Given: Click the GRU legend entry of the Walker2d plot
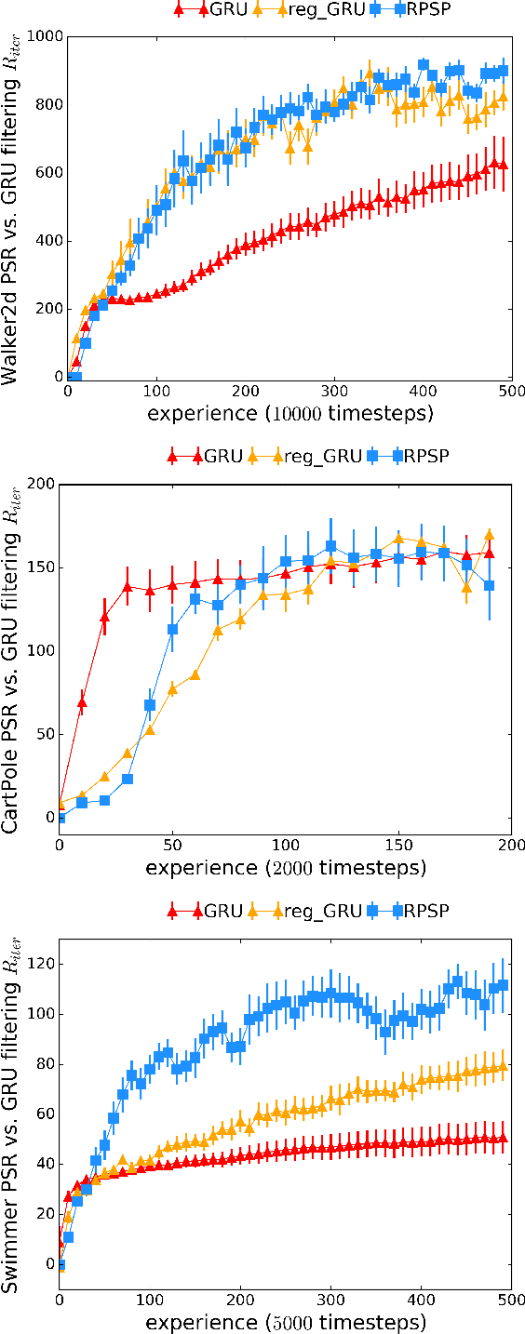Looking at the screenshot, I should (x=215, y=10).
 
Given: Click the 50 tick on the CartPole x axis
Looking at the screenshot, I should (x=172, y=845).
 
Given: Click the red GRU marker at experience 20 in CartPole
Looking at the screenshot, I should (x=104, y=617).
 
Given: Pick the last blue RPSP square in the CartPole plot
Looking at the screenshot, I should (x=489, y=585).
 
